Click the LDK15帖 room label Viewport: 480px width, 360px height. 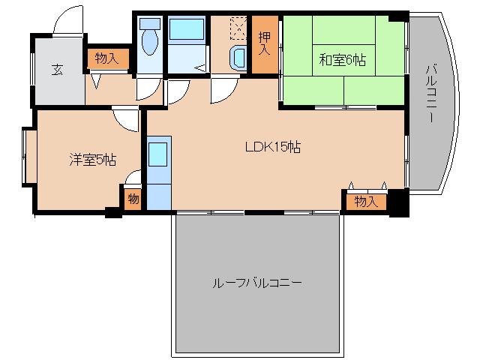(273, 148)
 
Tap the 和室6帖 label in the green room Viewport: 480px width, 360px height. (342, 61)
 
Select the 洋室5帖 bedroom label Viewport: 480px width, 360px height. (92, 159)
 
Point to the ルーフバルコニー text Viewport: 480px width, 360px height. (257, 283)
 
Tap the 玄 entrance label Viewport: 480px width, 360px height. (56, 70)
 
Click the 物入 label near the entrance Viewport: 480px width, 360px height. (106, 58)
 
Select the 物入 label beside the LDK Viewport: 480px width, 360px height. (365, 201)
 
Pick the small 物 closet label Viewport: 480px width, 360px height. (133, 199)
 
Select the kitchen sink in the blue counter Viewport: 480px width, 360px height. (158, 154)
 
